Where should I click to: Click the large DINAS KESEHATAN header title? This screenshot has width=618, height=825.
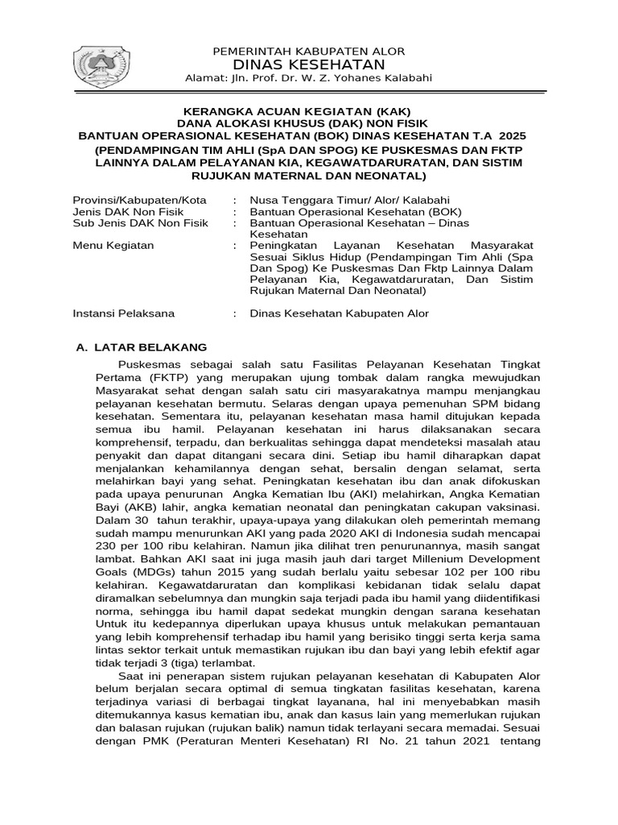[x=308, y=64]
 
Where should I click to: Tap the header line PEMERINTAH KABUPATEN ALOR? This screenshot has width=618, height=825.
[x=308, y=51]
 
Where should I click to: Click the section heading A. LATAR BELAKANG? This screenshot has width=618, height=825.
[x=141, y=347]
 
